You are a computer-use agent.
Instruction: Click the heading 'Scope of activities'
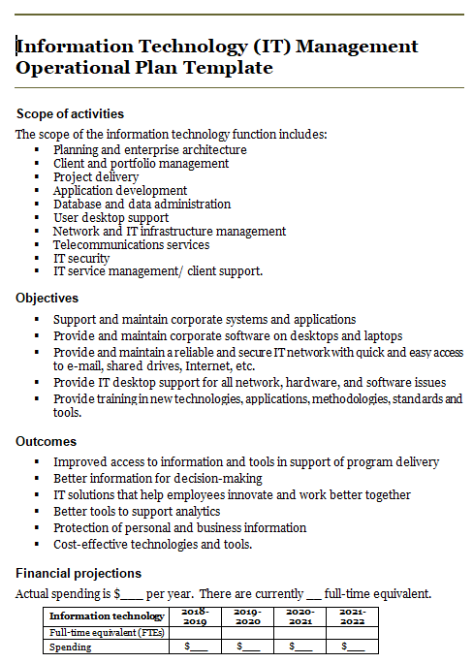coord(70,114)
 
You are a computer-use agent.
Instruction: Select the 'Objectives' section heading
coord(47,298)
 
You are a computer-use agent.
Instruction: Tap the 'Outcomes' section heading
coord(47,441)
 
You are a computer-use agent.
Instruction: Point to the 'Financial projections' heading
coord(79,573)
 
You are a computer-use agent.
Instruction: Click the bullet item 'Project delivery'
coord(96,177)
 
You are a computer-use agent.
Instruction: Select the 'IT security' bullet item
coord(81,259)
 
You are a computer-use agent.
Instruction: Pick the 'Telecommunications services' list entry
coord(131,245)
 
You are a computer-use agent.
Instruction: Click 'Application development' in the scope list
coord(120,191)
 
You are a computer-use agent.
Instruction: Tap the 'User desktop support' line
coord(110,218)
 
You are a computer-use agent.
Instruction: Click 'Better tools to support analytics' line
coord(137,512)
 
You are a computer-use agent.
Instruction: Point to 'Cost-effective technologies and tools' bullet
coord(153,545)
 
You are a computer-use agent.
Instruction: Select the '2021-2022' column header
coord(352,616)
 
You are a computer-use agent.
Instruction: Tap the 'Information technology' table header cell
coord(107,616)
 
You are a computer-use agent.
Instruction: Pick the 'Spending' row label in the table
coord(71,647)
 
